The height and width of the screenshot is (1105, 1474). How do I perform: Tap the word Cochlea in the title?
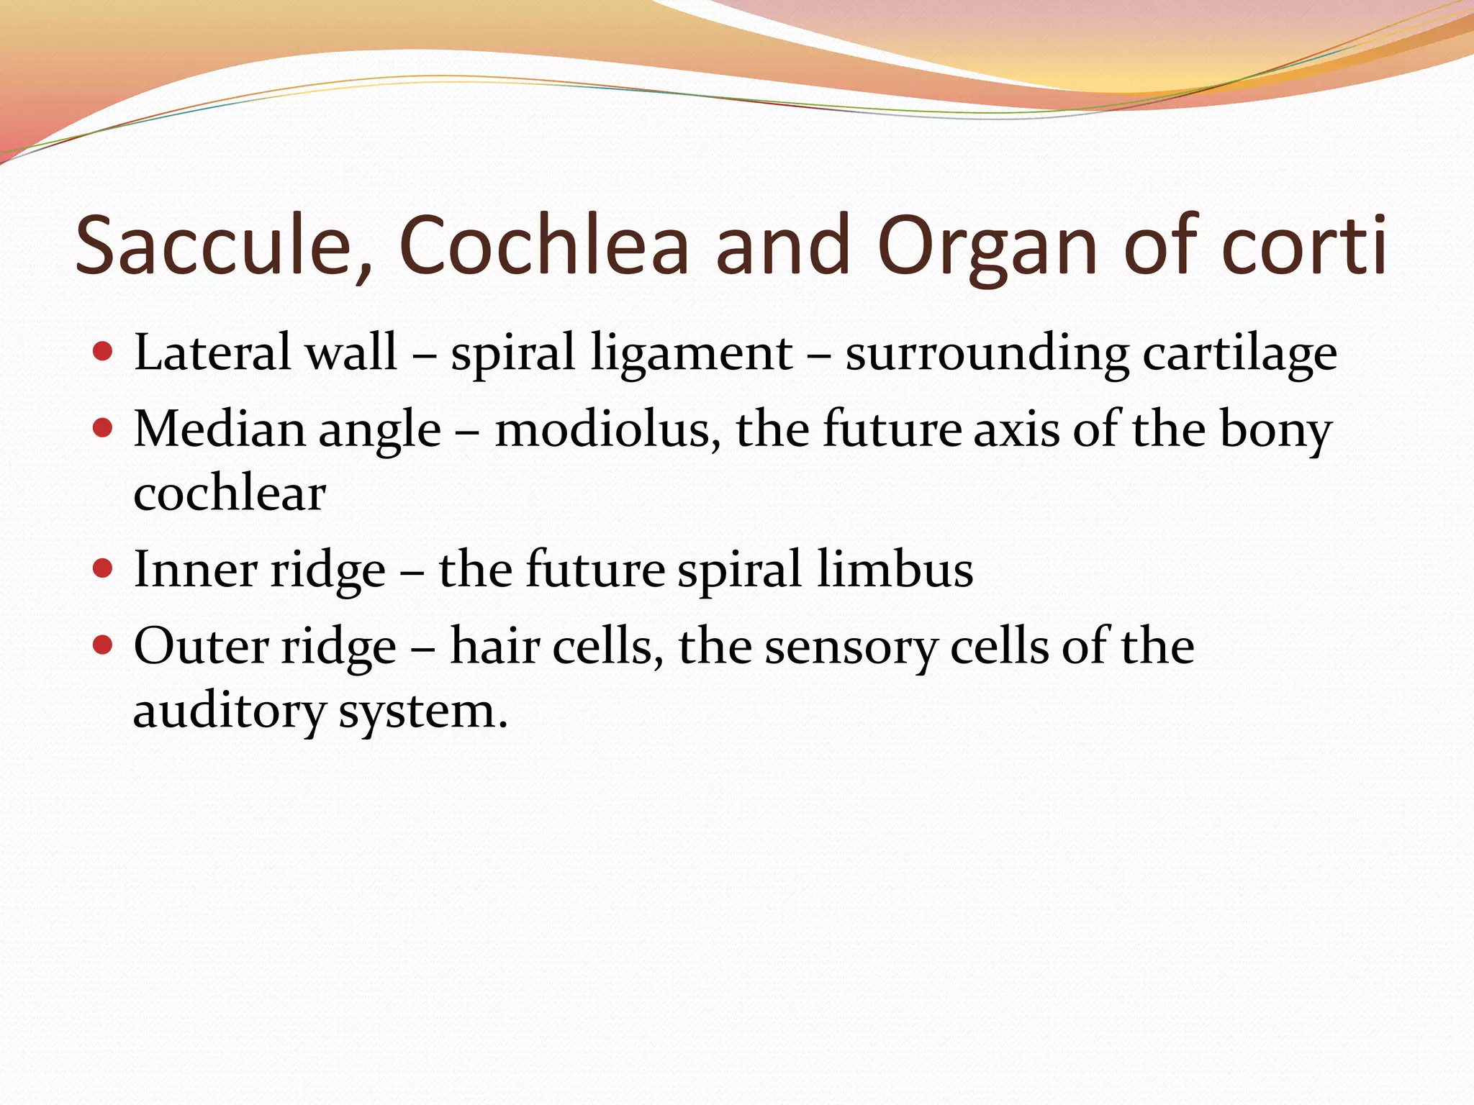543,246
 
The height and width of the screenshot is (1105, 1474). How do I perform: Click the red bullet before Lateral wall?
104,353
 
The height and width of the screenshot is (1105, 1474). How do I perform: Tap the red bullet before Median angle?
104,429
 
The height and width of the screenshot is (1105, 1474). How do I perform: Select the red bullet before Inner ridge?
104,569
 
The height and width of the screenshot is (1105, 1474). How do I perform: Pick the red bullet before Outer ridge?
104,645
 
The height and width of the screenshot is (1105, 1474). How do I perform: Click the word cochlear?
230,494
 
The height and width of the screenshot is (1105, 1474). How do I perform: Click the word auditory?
230,712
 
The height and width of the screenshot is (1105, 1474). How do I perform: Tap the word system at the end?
423,712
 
